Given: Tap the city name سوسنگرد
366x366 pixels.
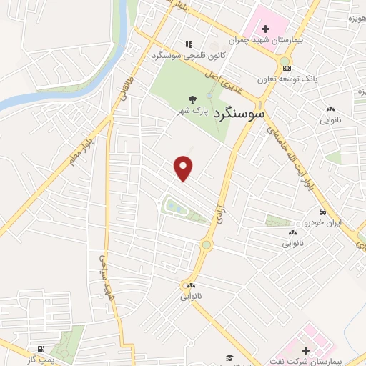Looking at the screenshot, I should [x=237, y=112].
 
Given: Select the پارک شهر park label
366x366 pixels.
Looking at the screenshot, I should [x=192, y=112].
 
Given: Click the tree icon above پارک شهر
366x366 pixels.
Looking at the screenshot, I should [x=192, y=99].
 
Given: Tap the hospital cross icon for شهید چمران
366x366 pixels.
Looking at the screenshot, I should [x=266, y=29].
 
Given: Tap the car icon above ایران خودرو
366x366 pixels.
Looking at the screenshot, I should [x=323, y=212].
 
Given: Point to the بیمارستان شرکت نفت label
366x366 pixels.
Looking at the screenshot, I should [x=307, y=362].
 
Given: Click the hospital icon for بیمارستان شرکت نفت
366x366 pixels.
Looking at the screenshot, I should [x=306, y=351].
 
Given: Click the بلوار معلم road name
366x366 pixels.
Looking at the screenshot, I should [x=81, y=149].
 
